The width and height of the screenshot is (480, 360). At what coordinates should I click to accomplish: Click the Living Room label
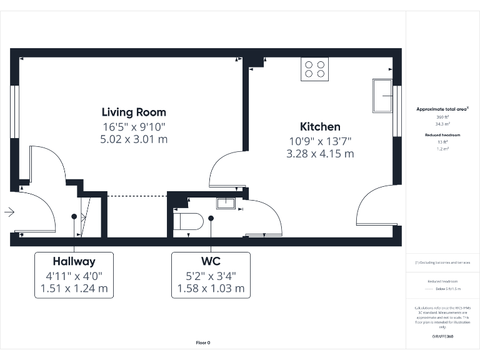pos(134,112)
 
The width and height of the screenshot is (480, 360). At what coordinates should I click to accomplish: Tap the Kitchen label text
pos(320,127)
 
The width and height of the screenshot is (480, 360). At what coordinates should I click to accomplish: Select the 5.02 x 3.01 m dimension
pos(134,139)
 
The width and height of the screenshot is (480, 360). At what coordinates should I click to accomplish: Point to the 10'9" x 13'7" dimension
pos(320,141)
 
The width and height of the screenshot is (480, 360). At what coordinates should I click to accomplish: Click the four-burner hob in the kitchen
pos(314,69)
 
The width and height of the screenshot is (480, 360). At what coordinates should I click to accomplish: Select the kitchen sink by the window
pos(382,96)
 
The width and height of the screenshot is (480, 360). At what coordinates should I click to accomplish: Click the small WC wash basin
pos(225,202)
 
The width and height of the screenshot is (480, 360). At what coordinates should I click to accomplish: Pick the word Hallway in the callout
pos(74,262)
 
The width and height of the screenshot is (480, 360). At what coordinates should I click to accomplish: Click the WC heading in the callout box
pos(211,262)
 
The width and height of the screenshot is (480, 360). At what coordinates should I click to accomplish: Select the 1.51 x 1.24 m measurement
pos(74,289)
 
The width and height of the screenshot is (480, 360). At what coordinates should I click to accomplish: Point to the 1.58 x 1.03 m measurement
pos(211,289)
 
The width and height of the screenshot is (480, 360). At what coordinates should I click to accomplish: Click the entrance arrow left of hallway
pos(9,212)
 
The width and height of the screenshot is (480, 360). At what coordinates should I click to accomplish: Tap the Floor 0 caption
pos(203,342)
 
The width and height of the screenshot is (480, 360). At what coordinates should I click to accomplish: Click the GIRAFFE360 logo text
pos(442,337)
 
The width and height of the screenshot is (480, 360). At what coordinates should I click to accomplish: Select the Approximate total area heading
pos(441,109)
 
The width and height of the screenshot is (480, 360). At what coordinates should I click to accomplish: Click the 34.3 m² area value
pos(442,124)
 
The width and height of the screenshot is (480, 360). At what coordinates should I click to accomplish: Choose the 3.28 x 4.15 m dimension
pos(320,154)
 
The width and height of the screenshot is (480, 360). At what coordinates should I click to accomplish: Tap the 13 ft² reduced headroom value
pos(442,142)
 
